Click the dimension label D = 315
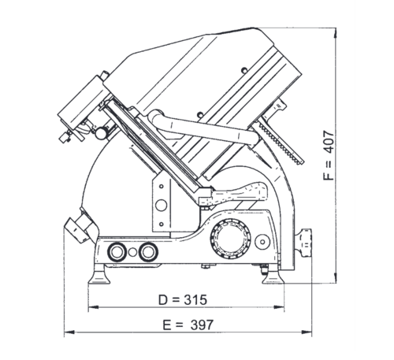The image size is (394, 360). tap(183, 299)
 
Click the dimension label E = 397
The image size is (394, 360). tap(188, 325)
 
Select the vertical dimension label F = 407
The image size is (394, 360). tap(329, 155)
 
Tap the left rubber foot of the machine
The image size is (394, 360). tap(98, 275)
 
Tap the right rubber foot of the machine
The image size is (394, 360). tap(273, 276)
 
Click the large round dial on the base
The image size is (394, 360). tap(230, 239)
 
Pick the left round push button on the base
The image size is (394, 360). tap(117, 252)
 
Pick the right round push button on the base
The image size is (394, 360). tap(148, 252)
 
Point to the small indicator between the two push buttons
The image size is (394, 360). tap(132, 252)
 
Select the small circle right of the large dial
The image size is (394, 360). tap(262, 242)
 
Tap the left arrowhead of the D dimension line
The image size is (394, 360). tap(93, 306)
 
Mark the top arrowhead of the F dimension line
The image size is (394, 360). tap(336, 34)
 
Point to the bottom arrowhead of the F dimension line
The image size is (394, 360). tap(336, 277)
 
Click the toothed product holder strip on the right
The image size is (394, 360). tap(280, 143)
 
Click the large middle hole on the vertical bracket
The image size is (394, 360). tap(161, 205)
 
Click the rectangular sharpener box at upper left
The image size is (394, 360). tap(81, 102)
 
